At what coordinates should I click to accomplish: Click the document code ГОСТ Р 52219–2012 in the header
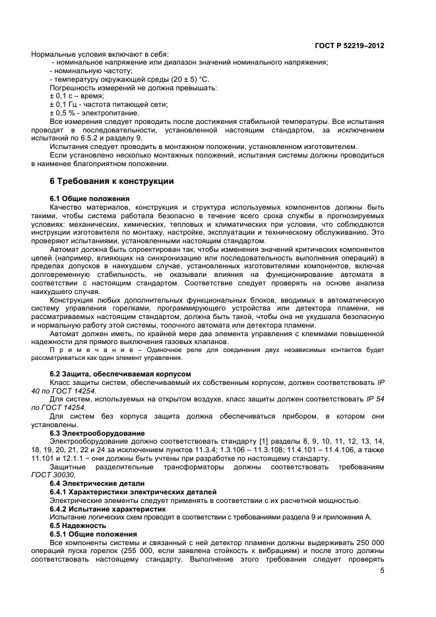pyautogui.click(x=350, y=45)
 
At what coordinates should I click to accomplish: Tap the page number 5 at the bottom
pyautogui.click(x=382, y=571)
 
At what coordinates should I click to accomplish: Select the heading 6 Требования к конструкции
pyautogui.click(x=111, y=181)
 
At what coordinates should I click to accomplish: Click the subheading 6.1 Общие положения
pyautogui.click(x=89, y=199)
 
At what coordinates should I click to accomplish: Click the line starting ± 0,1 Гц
pyautogui.click(x=100, y=104)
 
